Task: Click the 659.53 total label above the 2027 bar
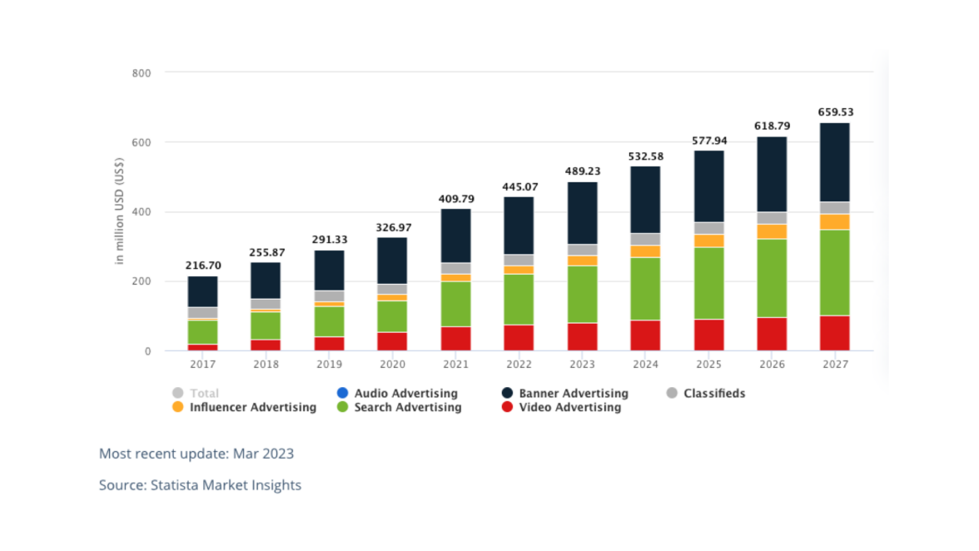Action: pos(836,112)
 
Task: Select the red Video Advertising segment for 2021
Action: pos(455,338)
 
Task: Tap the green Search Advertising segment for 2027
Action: pos(835,272)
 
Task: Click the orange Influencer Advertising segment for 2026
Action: pos(772,231)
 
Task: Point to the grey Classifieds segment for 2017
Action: pos(202,313)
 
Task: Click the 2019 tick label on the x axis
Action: pos(329,365)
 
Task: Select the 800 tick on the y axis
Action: pos(141,73)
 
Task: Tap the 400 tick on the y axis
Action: pos(141,212)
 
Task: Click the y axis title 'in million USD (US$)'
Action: pos(120,212)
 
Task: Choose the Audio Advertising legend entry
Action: pos(405,393)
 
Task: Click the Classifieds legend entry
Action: pos(713,393)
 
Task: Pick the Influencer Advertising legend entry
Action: pos(252,407)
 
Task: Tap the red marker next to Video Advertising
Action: pos(507,407)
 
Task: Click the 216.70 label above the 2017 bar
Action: pos(202,266)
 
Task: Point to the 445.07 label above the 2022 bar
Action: pos(519,186)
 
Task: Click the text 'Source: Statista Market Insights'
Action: pos(200,484)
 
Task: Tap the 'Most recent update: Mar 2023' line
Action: pos(196,454)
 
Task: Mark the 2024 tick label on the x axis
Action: pos(645,365)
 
